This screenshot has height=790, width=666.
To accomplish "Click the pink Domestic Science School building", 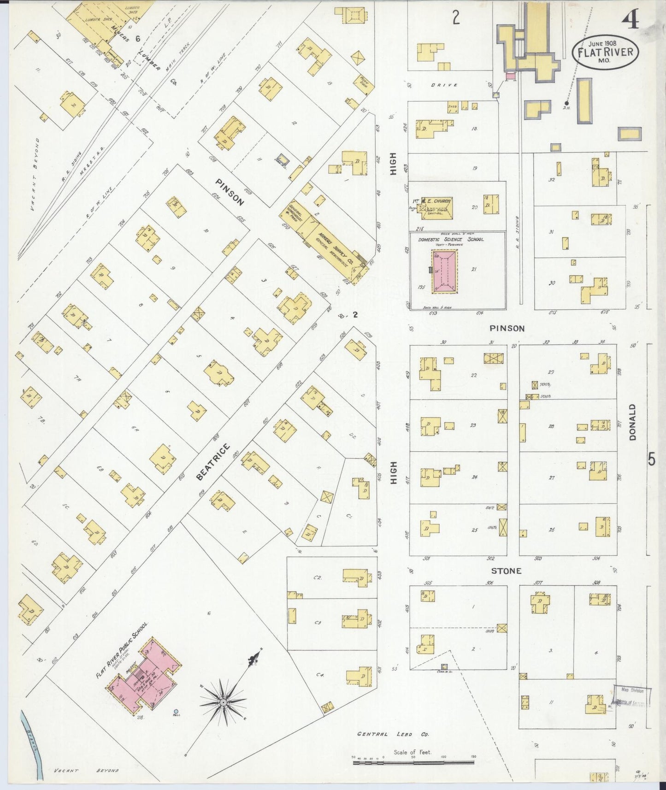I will [444, 271].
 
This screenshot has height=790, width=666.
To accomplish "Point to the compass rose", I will [224, 702].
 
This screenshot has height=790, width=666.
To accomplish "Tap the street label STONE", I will [506, 571].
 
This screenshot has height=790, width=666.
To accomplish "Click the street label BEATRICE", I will [212, 462].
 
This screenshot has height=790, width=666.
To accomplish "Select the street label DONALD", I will [632, 422].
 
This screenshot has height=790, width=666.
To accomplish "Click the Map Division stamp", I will [632, 696].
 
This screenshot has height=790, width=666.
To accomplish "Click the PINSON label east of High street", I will [507, 328].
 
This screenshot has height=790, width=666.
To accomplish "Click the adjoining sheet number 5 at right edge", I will [651, 459].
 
